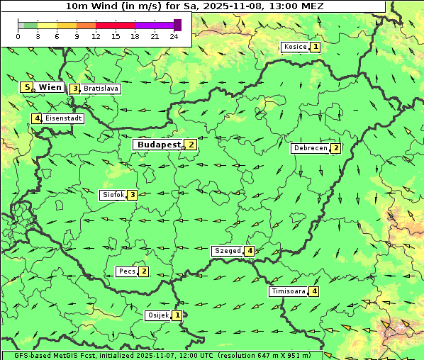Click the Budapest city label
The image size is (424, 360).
[158, 145]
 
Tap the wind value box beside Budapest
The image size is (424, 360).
[191, 145]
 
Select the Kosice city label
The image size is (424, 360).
[294, 47]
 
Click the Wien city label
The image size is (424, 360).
[50, 87]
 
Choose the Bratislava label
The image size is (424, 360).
[100, 89]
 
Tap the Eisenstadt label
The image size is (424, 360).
[63, 118]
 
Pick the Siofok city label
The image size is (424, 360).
[113, 195]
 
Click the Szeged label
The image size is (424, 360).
[227, 251]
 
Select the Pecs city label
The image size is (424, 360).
[127, 271]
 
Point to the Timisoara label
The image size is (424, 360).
[288, 291]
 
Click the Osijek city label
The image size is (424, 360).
[157, 315]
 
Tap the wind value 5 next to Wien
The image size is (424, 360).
[27, 87]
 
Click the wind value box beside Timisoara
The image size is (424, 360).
[314, 291]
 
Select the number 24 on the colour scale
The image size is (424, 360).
[174, 36]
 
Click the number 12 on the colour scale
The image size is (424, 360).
[96, 36]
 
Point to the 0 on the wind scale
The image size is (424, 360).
[18, 36]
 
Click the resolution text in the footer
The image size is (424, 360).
[269, 355]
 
